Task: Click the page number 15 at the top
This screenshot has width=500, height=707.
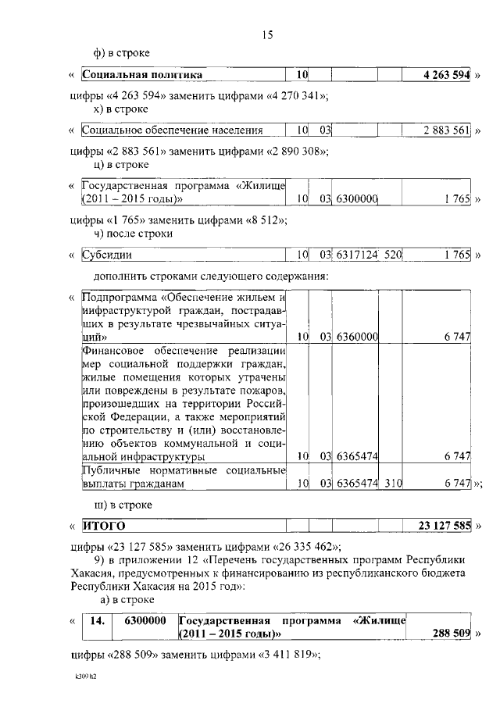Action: tap(267, 34)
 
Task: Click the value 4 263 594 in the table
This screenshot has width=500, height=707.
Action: tap(446, 74)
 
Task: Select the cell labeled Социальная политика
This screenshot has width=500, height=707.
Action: tap(142, 74)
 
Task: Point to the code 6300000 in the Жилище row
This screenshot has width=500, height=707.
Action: tap(358, 200)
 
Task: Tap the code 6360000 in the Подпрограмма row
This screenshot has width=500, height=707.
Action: tap(358, 336)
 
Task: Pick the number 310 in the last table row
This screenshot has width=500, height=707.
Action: tap(392, 484)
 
